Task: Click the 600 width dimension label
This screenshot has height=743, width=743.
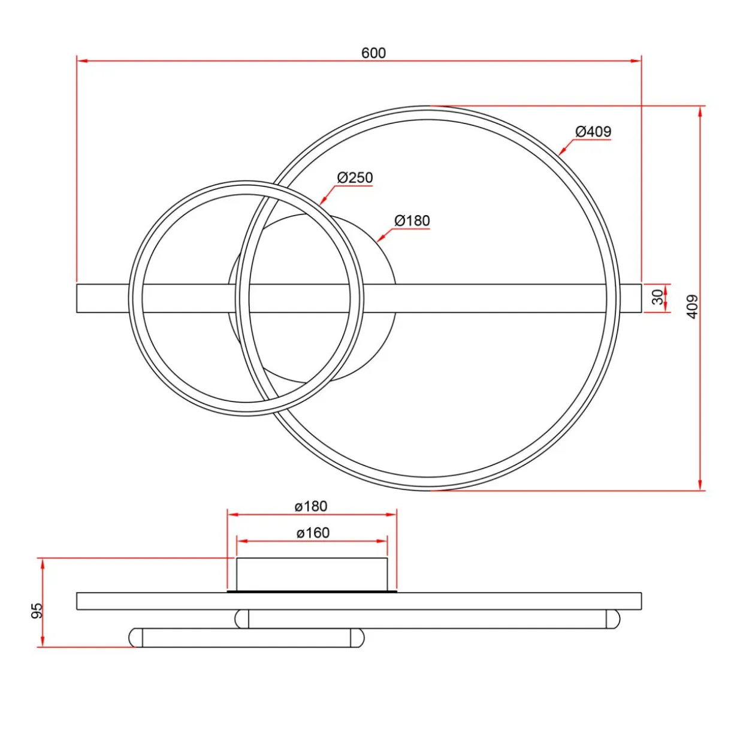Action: pyautogui.click(x=373, y=53)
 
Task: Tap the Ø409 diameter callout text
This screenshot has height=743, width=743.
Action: pyautogui.click(x=593, y=131)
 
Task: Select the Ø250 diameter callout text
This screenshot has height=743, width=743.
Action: pyautogui.click(x=355, y=178)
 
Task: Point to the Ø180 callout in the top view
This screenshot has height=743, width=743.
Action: pyautogui.click(x=412, y=221)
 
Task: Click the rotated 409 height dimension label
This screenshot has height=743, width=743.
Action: pyautogui.click(x=693, y=307)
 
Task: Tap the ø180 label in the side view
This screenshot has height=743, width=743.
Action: pyautogui.click(x=311, y=506)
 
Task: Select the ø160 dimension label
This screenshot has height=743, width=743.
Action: pyautogui.click(x=313, y=533)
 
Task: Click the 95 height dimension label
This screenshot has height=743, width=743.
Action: pyautogui.click(x=37, y=611)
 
